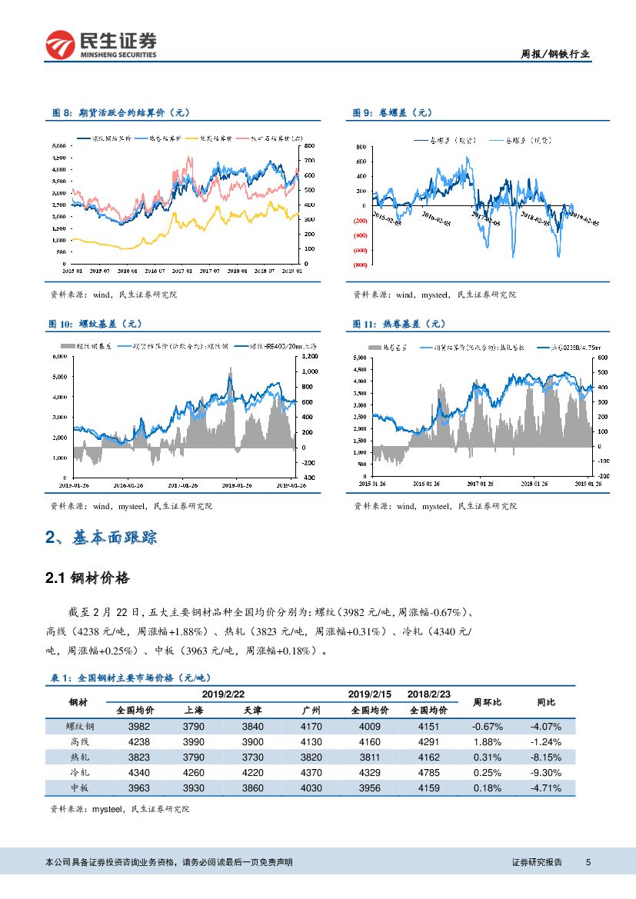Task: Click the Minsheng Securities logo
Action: click(x=102, y=45)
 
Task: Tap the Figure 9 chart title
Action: click(x=392, y=113)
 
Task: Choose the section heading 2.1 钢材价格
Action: click(x=88, y=578)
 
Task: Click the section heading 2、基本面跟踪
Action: click(x=102, y=538)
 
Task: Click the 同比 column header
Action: click(x=545, y=702)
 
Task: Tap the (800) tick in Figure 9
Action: click(x=360, y=265)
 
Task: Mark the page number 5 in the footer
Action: click(x=588, y=862)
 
